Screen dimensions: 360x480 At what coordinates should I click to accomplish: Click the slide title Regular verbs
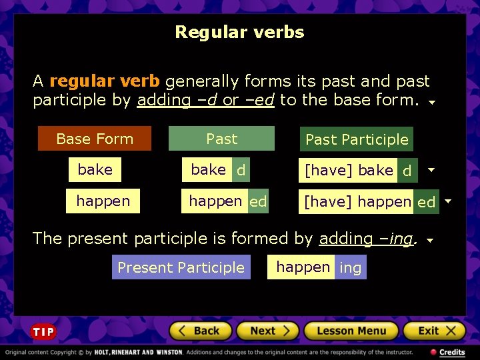click(239, 32)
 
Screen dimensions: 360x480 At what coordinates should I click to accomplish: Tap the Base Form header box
click(95, 139)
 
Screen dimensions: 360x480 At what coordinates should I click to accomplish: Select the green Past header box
click(221, 139)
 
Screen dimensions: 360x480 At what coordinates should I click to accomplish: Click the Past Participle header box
click(357, 139)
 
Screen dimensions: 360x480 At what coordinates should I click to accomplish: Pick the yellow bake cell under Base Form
click(95, 169)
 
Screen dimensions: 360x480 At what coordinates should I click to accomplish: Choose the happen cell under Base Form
click(103, 201)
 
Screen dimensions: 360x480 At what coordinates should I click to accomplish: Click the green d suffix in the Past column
click(241, 170)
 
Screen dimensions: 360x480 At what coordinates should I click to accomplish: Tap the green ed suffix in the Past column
click(258, 201)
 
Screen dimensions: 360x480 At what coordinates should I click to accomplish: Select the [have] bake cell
click(348, 171)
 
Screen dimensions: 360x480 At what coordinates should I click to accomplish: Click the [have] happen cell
click(357, 201)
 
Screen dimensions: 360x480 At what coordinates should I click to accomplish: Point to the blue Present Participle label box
click(181, 267)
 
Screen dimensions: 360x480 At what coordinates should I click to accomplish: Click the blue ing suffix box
click(350, 268)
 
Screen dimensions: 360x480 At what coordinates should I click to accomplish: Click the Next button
click(265, 331)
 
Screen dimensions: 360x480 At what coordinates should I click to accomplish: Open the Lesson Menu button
click(351, 331)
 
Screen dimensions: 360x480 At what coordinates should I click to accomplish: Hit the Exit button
click(436, 331)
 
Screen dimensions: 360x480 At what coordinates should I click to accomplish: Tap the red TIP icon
click(43, 331)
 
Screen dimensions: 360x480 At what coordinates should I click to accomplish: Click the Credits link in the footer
click(447, 352)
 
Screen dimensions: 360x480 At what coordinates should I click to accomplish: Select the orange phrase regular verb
click(105, 81)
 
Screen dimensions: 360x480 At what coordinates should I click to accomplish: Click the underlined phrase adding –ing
click(366, 239)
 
